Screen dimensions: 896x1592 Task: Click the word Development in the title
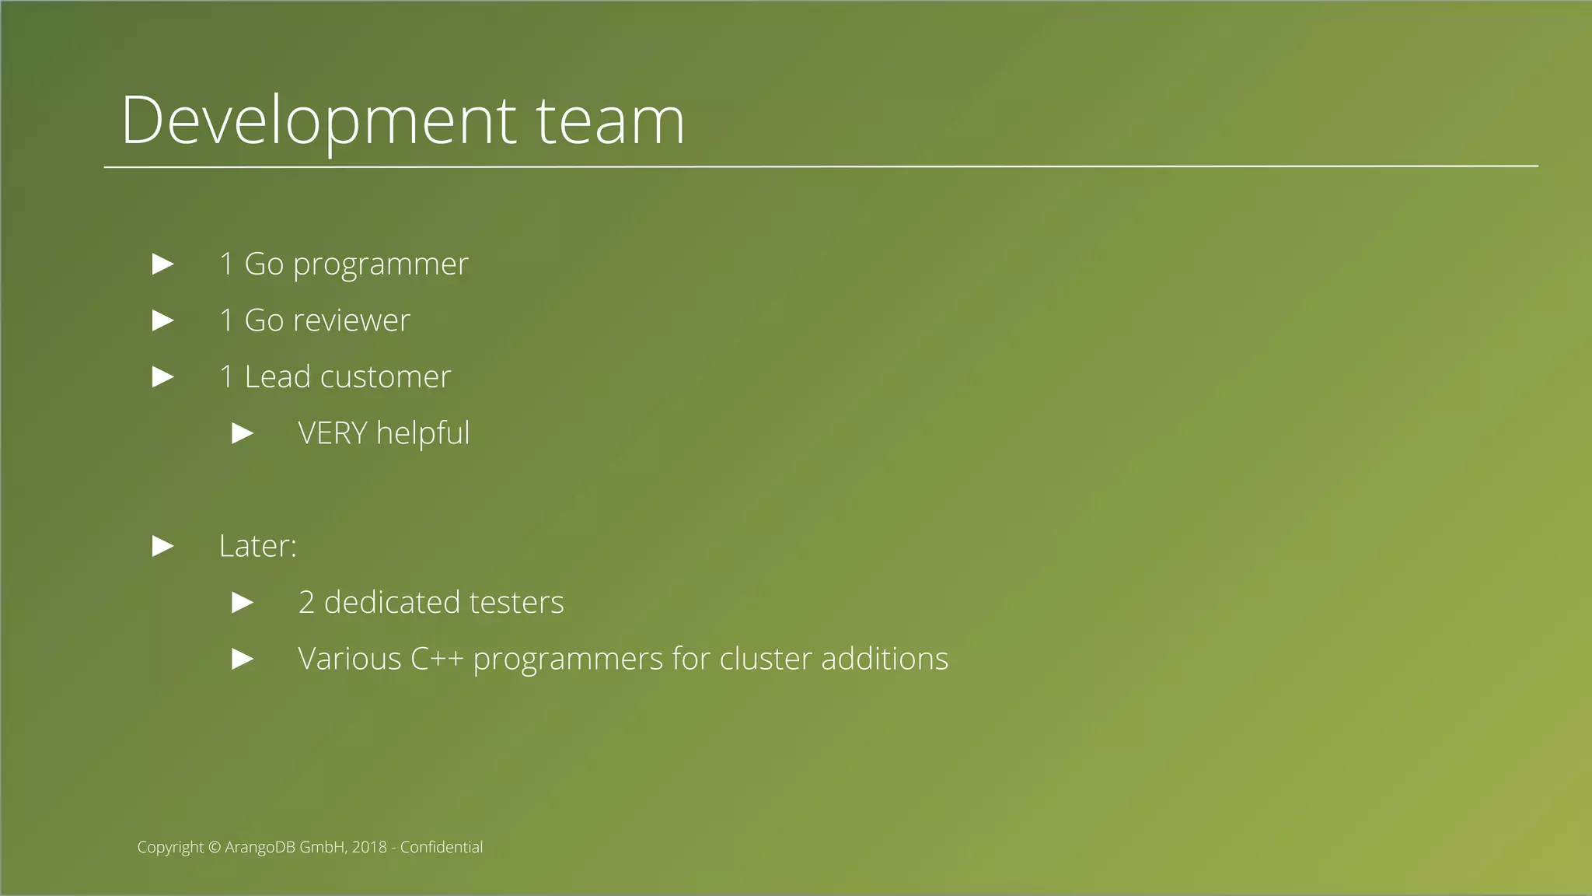click(x=318, y=121)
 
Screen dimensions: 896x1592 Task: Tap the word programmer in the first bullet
click(x=380, y=265)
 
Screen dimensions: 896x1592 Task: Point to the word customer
click(x=385, y=377)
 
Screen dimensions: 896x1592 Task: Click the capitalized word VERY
click(x=332, y=433)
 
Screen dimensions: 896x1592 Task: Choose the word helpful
click(x=423, y=434)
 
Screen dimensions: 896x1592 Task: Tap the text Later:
click(x=257, y=546)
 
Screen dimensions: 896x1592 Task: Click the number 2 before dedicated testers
click(x=306, y=603)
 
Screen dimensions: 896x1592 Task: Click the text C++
click(x=436, y=660)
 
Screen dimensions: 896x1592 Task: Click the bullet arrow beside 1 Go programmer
click(x=162, y=264)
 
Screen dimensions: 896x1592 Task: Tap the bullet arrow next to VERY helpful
click(x=243, y=433)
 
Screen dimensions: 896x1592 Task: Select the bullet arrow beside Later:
click(x=162, y=546)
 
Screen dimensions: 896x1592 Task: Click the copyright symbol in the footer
click(x=215, y=848)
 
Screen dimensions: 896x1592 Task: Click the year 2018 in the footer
click(x=369, y=848)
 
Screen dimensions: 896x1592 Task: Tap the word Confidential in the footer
click(x=441, y=848)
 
